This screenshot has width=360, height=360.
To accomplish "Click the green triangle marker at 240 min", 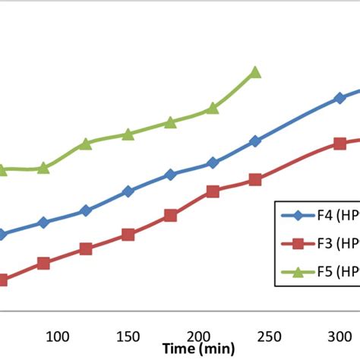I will click(x=255, y=72).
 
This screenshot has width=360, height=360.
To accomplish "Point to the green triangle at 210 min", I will click(x=213, y=109).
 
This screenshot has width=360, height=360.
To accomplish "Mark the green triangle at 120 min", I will click(x=86, y=143).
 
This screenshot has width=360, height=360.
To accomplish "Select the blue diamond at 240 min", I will click(x=255, y=141).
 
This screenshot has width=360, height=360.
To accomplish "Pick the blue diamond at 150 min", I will click(x=128, y=191).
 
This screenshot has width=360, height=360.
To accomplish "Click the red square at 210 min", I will click(x=213, y=191).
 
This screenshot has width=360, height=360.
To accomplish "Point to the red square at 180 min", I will click(x=170, y=216).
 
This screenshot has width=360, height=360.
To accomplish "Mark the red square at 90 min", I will click(x=43, y=264).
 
